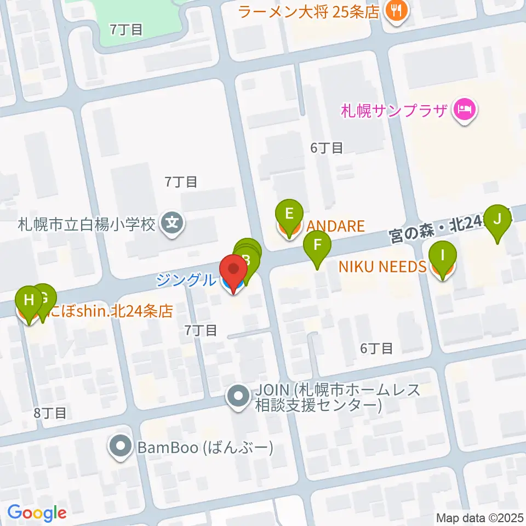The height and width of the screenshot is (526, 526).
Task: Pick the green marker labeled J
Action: coord(498,219)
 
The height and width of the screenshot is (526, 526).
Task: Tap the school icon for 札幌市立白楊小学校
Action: coord(173,224)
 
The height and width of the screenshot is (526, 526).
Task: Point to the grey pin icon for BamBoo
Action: coord(120,448)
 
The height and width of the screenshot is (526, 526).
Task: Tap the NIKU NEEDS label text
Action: coord(382,267)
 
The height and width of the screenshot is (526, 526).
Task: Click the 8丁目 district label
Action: coord(50,413)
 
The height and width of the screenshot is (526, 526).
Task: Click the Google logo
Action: coord(37,513)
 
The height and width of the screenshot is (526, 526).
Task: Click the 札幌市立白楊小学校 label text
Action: coord(87,224)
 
